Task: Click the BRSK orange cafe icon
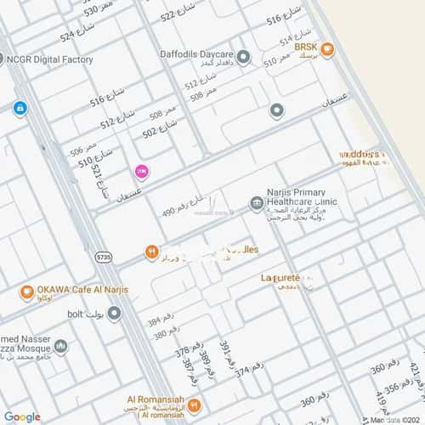[x=327, y=49]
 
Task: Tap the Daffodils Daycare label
[x=197, y=54]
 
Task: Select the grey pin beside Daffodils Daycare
[x=244, y=58]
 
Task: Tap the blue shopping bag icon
[x=20, y=108]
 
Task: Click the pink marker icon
[x=142, y=172]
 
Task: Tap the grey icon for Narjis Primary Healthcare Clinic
[x=255, y=203]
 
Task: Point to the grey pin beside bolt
[x=114, y=314]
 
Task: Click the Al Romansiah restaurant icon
[x=195, y=405]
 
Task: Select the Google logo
[x=21, y=416]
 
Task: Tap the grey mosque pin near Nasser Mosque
[x=61, y=346]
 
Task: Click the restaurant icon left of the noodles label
[x=150, y=252]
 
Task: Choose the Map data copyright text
[x=394, y=419]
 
